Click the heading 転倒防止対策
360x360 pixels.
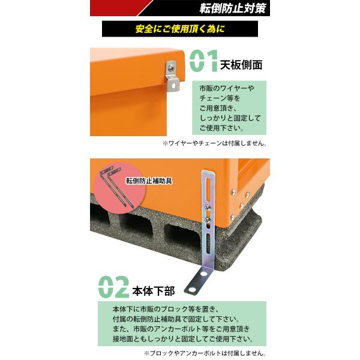tap(233, 8)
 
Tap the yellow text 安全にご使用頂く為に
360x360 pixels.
tap(180, 29)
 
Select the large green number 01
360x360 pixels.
tap(203, 61)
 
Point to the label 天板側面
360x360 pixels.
tap(241, 65)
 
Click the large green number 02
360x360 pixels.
tap(113, 287)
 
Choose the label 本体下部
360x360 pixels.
tap(154, 291)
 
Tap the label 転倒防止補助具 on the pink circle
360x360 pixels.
tap(149, 181)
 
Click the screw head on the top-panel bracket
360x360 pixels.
tap(170, 68)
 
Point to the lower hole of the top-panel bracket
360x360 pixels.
tap(174, 85)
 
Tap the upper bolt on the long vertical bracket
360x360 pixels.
tap(208, 208)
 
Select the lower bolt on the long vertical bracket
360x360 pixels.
tap(208, 220)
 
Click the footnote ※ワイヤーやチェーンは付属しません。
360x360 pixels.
tap(214, 143)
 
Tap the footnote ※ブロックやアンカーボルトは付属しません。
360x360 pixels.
tap(205, 353)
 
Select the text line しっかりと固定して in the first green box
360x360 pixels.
tap(230, 118)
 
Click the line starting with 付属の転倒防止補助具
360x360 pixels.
tap(176, 319)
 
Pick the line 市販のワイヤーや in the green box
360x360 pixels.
tap(227, 88)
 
